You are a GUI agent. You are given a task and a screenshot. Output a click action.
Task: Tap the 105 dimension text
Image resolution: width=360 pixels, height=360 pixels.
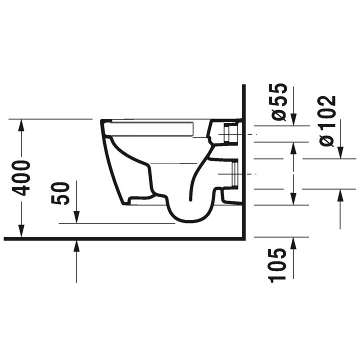tap(278, 264)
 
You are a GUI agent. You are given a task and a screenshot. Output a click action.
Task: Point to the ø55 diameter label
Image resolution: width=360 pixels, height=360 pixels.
tap(279, 102)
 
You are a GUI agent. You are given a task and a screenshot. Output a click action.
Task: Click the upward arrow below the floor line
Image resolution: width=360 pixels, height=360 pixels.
tap(76, 245)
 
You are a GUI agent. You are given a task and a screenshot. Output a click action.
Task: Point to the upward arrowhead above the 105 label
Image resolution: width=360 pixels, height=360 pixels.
tap(293, 242)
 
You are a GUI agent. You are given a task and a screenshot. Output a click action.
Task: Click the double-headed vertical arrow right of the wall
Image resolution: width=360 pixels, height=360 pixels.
tap(293, 172)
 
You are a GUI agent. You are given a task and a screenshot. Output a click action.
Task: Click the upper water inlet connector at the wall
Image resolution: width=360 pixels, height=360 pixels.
tap(230, 134)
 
